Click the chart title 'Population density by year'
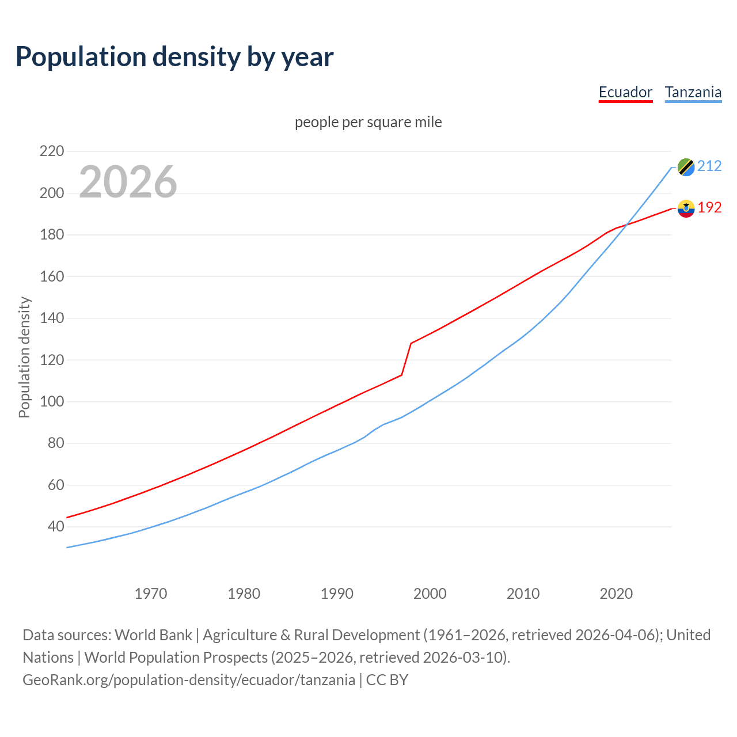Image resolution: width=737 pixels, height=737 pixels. (174, 56)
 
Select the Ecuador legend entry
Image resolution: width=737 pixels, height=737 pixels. (625, 92)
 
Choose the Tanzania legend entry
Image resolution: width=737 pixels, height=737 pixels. (693, 92)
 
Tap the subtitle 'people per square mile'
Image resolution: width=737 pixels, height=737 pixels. (368, 123)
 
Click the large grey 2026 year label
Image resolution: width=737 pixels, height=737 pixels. (128, 182)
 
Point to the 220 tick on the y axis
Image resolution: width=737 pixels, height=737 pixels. (52, 151)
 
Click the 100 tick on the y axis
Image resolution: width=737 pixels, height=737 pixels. (52, 401)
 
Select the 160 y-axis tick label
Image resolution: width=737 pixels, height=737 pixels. (52, 276)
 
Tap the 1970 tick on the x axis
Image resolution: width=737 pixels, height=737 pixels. (151, 594)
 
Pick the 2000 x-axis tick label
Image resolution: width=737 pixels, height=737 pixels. (430, 594)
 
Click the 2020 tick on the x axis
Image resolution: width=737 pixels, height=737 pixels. (616, 594)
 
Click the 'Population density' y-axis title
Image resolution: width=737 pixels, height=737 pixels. (24, 357)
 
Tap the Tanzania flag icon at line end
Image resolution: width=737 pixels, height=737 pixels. (686, 167)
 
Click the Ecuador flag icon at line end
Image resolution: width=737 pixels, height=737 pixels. (686, 208)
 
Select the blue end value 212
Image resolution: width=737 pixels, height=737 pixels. (709, 166)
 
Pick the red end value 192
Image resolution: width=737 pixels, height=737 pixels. (709, 208)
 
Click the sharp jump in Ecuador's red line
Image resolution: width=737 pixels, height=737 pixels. (407, 359)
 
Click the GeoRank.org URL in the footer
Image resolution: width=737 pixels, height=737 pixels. (189, 680)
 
